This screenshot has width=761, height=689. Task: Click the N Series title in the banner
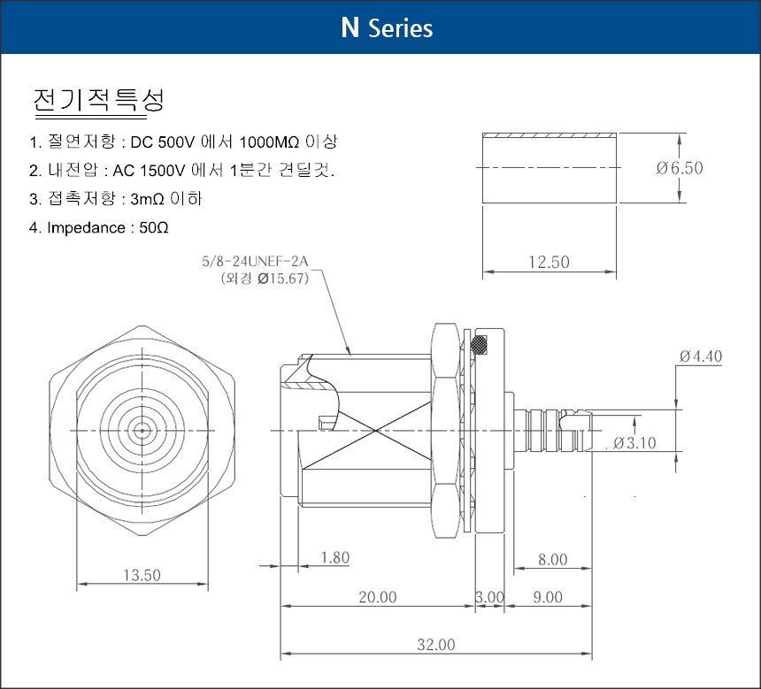click(x=387, y=27)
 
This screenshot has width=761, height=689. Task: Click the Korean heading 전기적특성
click(x=99, y=101)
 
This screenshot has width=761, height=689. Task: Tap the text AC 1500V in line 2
click(x=149, y=171)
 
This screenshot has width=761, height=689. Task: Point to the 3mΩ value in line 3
click(x=147, y=199)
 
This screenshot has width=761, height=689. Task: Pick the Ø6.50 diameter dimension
click(x=680, y=168)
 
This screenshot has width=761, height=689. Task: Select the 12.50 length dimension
click(x=549, y=262)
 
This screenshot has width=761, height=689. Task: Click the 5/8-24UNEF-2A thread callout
click(x=255, y=262)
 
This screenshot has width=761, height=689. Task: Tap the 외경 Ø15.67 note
click(x=265, y=279)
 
